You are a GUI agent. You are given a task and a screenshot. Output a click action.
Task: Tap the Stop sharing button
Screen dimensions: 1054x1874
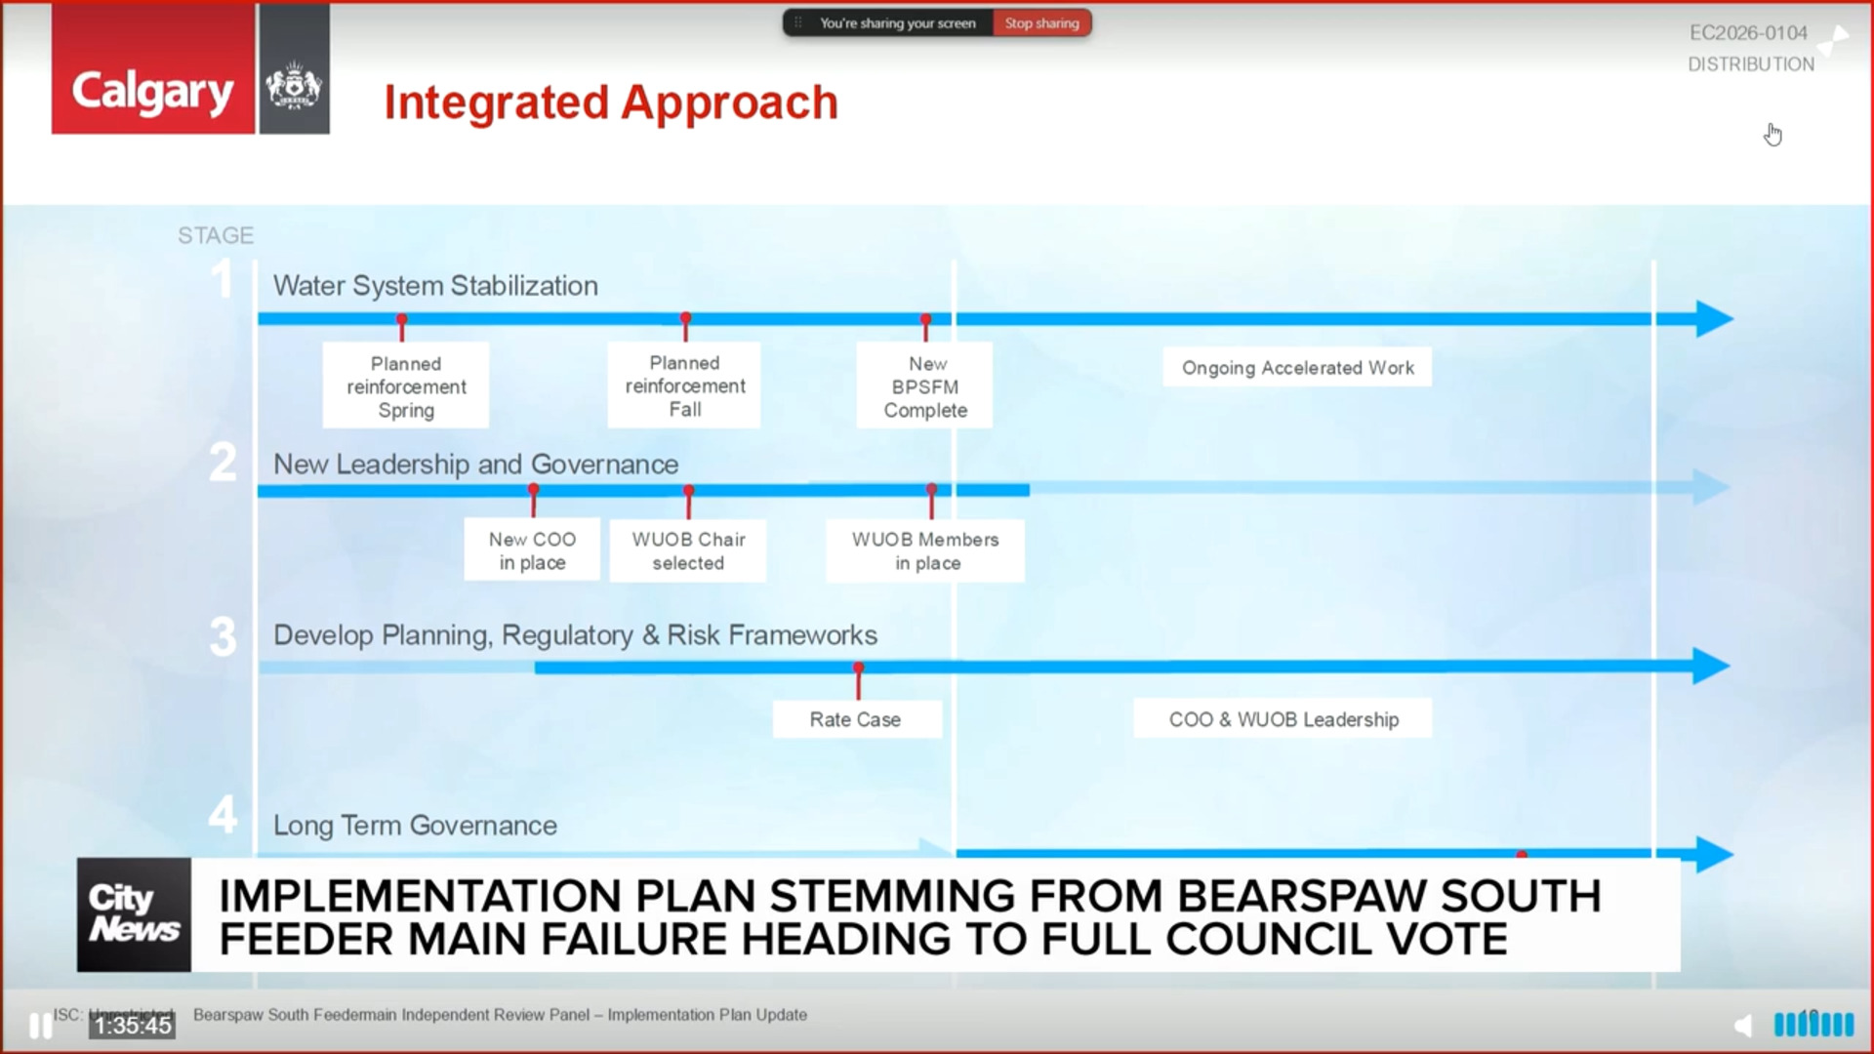1041,23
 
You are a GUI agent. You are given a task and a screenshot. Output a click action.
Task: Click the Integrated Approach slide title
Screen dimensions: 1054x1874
611,102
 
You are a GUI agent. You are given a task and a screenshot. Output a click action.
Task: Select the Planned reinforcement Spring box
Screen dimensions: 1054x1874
406,386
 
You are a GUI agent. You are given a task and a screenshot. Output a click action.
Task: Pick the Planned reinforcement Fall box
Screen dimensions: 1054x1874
684,385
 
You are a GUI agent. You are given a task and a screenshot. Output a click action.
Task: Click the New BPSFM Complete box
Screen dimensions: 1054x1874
925,386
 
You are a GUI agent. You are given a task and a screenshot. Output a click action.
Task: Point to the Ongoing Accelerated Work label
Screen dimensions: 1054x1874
1297,368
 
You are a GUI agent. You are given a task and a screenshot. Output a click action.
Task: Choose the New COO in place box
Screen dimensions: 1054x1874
532,550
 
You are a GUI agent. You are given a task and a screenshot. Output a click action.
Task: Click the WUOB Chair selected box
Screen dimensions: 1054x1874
688,550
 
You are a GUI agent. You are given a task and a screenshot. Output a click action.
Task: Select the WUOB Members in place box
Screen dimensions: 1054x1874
925,550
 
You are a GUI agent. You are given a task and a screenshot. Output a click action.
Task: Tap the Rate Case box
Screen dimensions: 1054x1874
856,719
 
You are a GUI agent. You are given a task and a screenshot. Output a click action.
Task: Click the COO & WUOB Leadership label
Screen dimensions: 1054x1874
1283,719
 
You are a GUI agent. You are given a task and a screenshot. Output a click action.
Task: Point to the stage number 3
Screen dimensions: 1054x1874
224,637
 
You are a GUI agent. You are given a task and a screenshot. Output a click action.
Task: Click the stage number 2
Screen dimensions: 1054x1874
223,463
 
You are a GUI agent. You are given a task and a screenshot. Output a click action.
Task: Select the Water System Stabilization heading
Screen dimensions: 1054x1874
435,286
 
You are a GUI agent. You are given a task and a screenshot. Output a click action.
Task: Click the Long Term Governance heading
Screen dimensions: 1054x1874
415,826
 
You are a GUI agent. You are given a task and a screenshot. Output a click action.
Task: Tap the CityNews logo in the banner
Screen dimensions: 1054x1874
134,914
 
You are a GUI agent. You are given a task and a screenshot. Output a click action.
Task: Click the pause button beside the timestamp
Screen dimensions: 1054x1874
40,1026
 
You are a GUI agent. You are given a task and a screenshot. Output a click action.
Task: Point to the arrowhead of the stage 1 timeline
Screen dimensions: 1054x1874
1714,319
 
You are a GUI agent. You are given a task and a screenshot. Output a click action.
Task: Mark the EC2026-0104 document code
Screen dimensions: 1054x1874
1748,33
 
